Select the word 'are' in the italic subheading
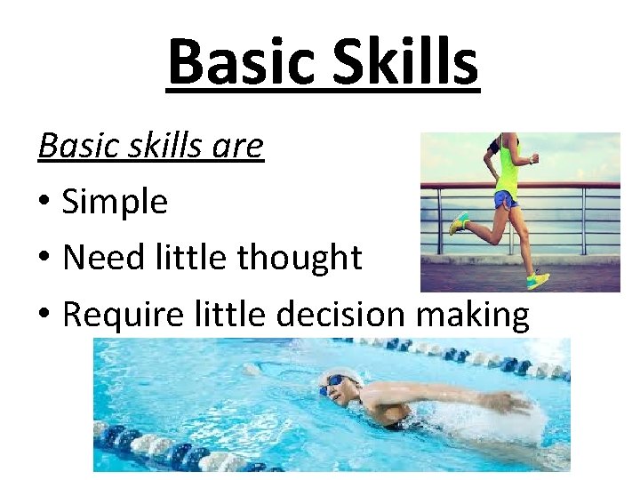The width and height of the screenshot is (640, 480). coord(237,146)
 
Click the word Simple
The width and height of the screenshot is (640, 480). coord(115,203)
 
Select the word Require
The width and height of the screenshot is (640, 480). coord(116,314)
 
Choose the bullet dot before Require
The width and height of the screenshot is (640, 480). coord(44,315)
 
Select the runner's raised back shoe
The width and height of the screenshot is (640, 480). coord(459,222)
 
